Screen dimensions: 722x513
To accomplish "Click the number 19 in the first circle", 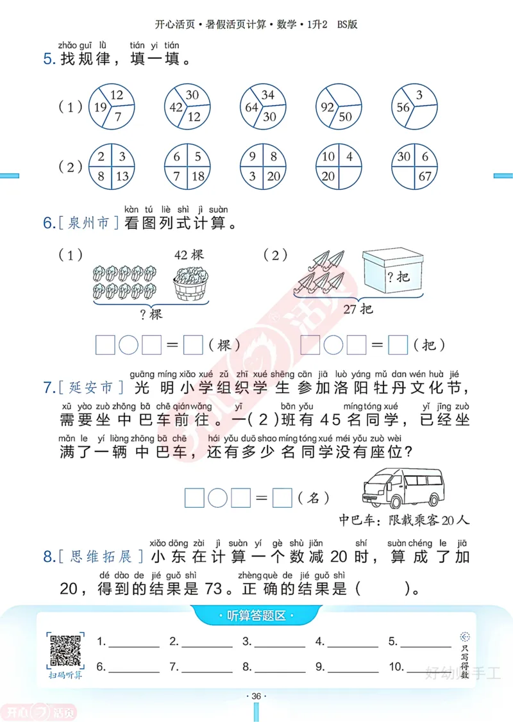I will tap(99, 108).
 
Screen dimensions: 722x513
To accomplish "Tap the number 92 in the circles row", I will tap(328, 108).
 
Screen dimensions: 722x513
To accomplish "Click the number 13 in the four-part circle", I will tap(124, 177).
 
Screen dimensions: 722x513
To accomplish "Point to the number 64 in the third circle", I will tap(251, 108).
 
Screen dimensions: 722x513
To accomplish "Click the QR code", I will tap(65, 650).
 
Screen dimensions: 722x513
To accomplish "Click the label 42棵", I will tap(189, 255).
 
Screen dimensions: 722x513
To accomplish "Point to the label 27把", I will tap(358, 310).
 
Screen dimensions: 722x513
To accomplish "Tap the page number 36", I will tap(256, 696).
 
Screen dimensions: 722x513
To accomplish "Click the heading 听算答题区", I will tap(256, 617).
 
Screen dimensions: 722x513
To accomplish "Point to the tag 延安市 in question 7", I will tap(89, 388).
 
